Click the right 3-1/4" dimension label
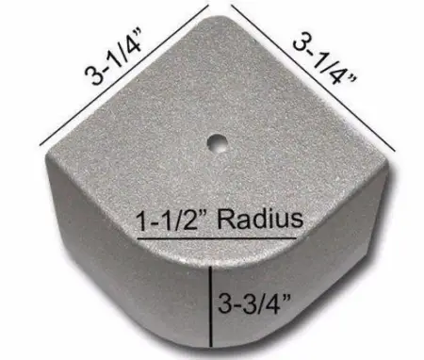[x=326, y=62]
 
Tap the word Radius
[x=264, y=220]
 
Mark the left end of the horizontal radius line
[x=138, y=238]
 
